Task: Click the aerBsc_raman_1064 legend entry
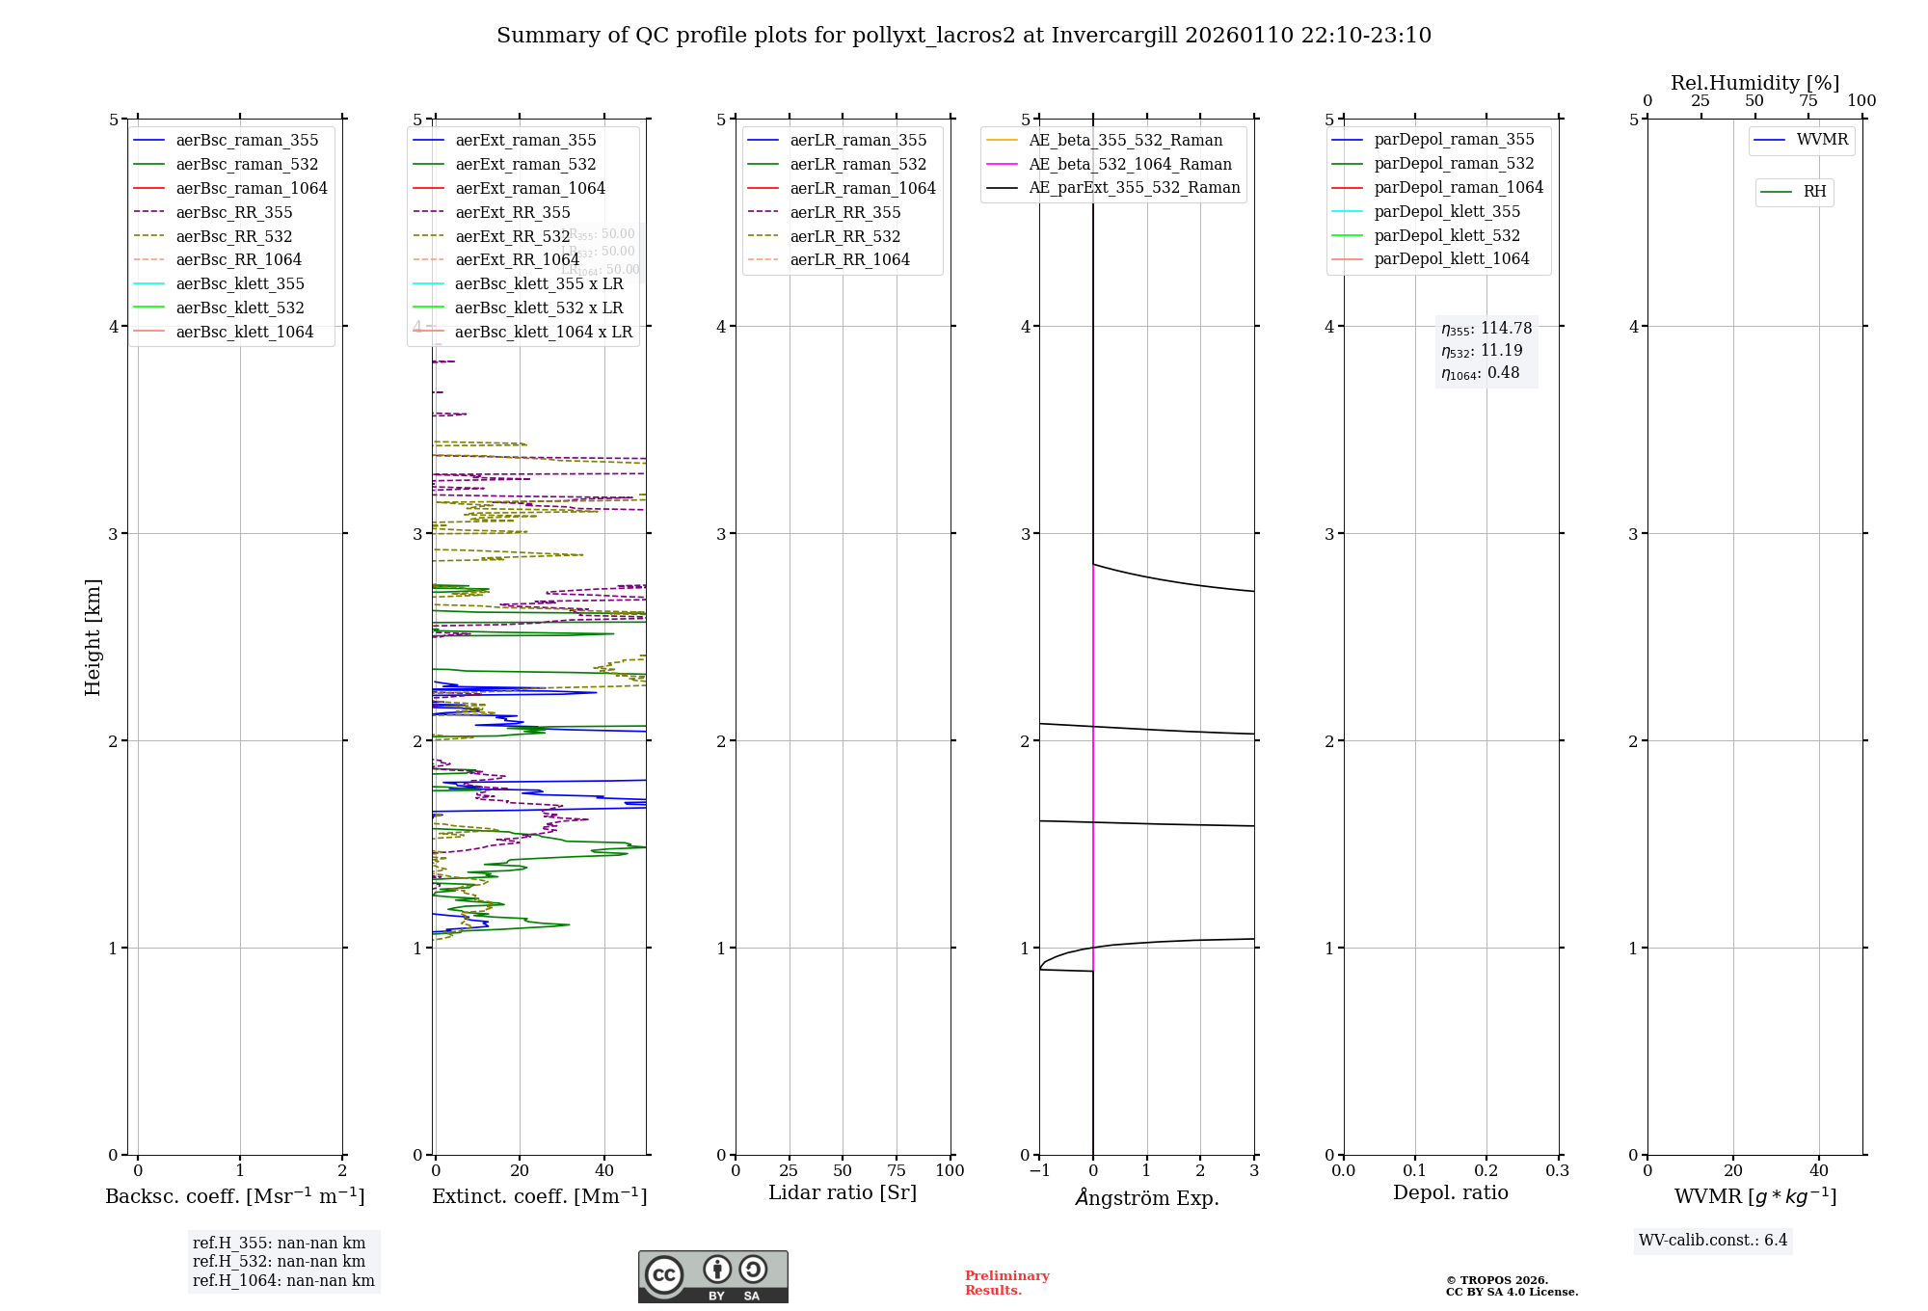(x=252, y=188)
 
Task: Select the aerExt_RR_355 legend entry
(x=512, y=212)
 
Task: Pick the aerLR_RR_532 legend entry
(x=844, y=236)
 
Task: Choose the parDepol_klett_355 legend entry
(x=1446, y=211)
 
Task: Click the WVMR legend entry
(x=1822, y=140)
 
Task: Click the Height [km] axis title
(x=93, y=636)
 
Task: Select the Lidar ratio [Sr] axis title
(x=843, y=1192)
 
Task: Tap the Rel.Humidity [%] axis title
(x=1754, y=83)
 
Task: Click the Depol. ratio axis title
(x=1450, y=1192)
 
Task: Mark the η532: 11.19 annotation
(x=1482, y=351)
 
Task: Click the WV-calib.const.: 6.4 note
(x=1712, y=1240)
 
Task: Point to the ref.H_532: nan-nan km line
(x=279, y=1261)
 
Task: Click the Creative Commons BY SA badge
(x=712, y=1276)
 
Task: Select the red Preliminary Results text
(x=1006, y=1282)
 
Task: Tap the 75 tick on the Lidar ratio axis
(x=897, y=1170)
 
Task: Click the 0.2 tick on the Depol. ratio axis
(x=1486, y=1170)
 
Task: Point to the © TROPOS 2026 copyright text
(x=1496, y=1280)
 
